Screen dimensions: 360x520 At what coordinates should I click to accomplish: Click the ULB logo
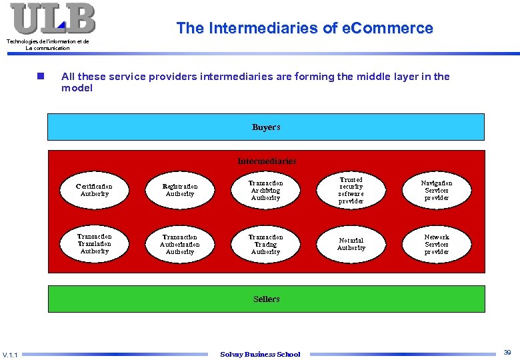pos(53,19)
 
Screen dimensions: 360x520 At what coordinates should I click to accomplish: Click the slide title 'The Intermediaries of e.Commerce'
pos(305,28)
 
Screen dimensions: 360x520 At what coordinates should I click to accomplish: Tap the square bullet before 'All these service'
pos(41,77)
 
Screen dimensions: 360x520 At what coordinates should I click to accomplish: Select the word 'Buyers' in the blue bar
pos(266,127)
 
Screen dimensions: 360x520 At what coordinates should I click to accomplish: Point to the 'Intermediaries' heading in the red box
pos(267,161)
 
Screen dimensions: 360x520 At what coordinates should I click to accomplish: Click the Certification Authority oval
pos(94,190)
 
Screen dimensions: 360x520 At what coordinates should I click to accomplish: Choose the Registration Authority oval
pos(180,190)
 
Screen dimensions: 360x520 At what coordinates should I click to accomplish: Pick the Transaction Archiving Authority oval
pos(265,190)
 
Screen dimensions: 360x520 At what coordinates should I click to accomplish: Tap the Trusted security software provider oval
pos(351,190)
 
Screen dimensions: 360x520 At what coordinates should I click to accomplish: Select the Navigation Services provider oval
pos(437,190)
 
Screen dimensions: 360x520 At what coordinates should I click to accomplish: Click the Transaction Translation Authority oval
pos(94,244)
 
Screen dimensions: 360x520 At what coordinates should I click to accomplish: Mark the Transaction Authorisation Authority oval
pos(180,244)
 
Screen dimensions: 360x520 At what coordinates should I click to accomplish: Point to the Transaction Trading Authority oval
pos(265,244)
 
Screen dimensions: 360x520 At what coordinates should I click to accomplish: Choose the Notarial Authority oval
pos(351,244)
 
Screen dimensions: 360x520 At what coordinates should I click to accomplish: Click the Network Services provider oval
pos(437,244)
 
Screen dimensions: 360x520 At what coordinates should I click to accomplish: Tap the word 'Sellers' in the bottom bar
pos(266,299)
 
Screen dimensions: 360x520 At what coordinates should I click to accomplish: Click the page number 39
pos(507,352)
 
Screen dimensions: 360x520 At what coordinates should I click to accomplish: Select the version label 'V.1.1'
pos(11,355)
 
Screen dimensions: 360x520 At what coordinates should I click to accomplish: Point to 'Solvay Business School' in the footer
pos(260,354)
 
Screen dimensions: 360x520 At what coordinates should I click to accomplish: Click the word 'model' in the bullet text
pos(77,88)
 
